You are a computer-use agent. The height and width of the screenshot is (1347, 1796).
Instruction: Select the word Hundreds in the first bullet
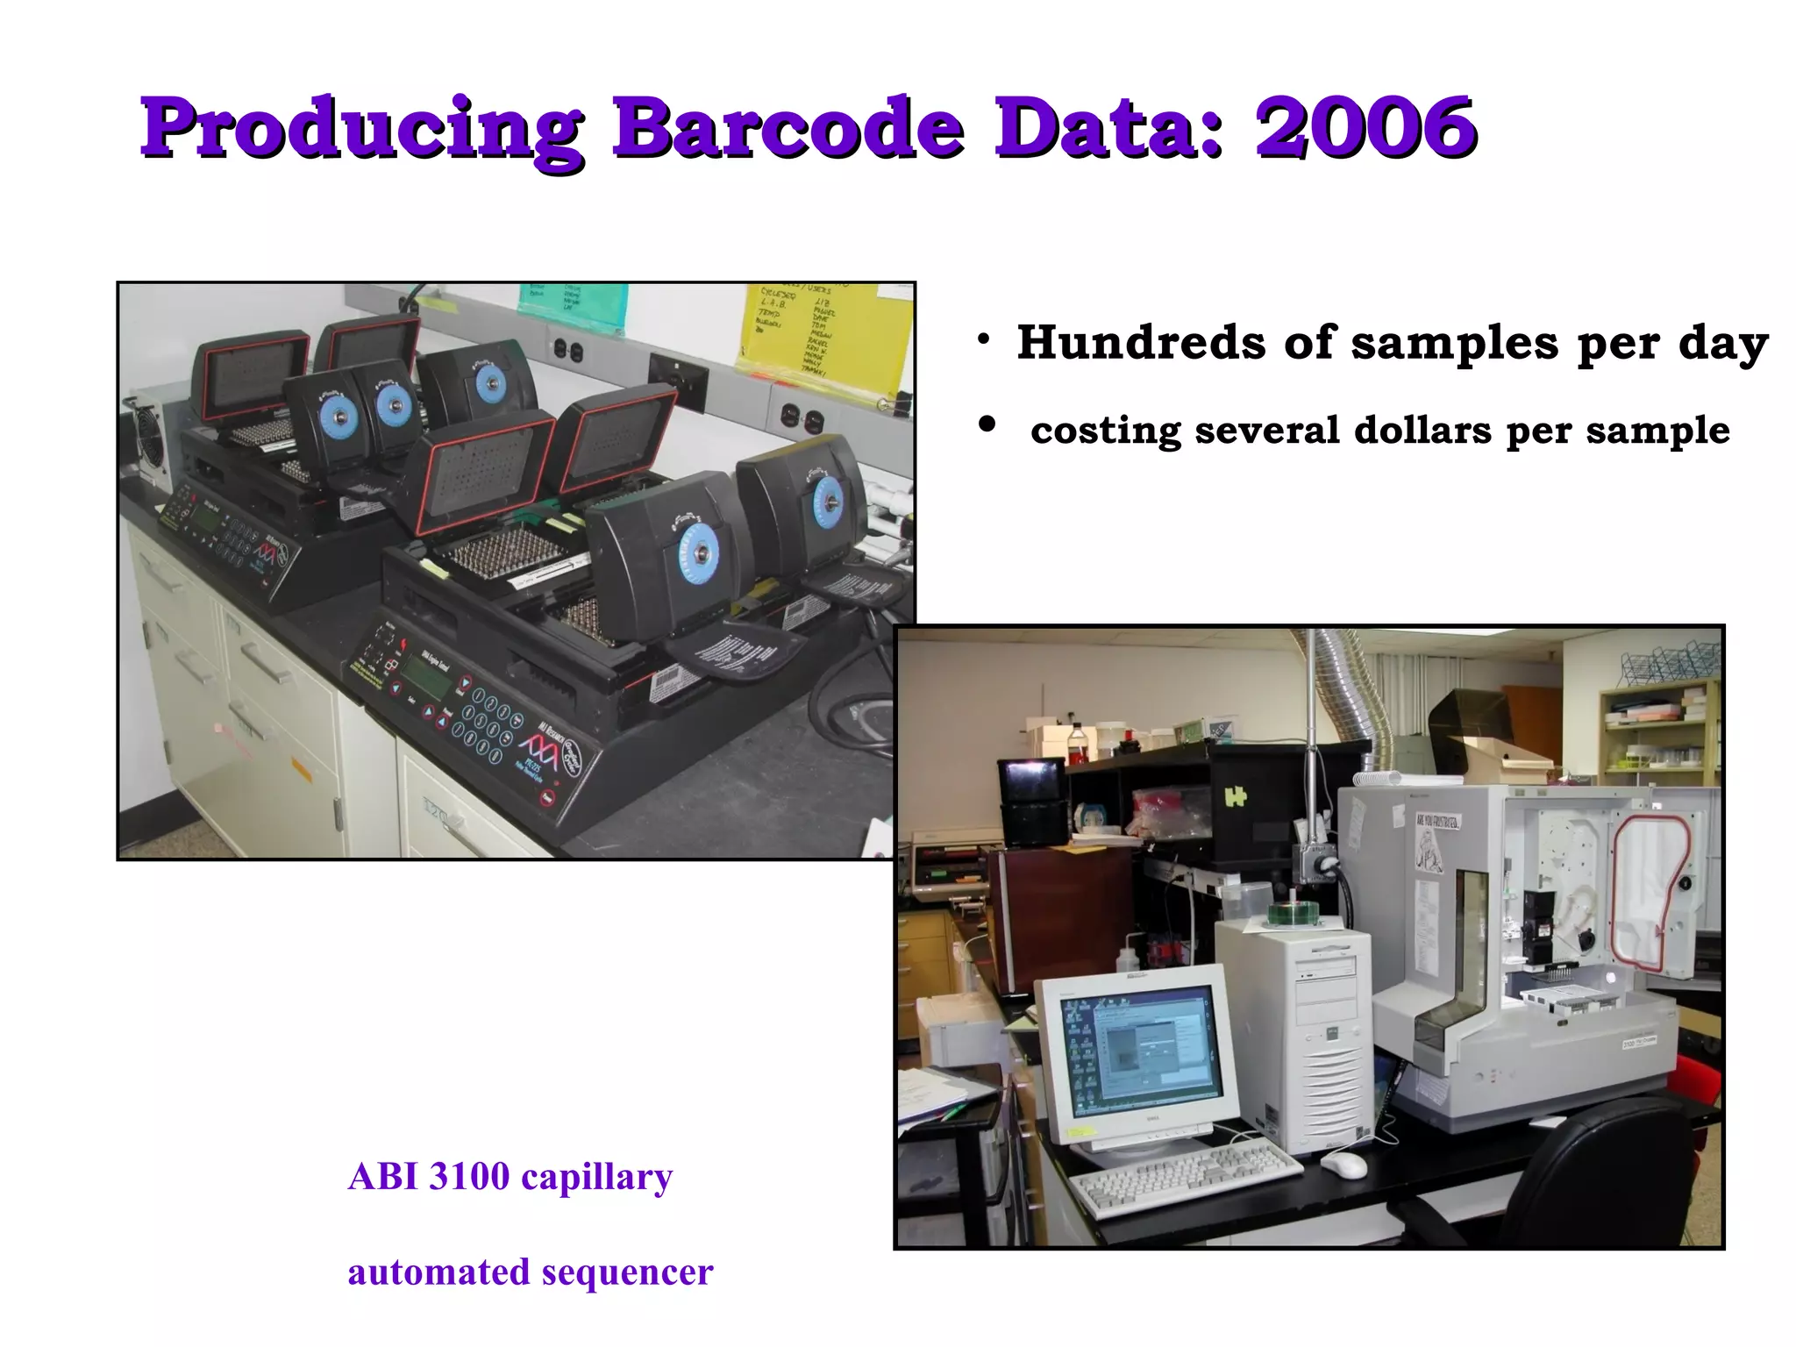coord(1141,342)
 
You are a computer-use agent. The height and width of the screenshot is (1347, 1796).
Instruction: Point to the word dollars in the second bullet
coord(1422,431)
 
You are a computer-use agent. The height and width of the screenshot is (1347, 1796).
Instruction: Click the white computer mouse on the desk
coord(1343,1165)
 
